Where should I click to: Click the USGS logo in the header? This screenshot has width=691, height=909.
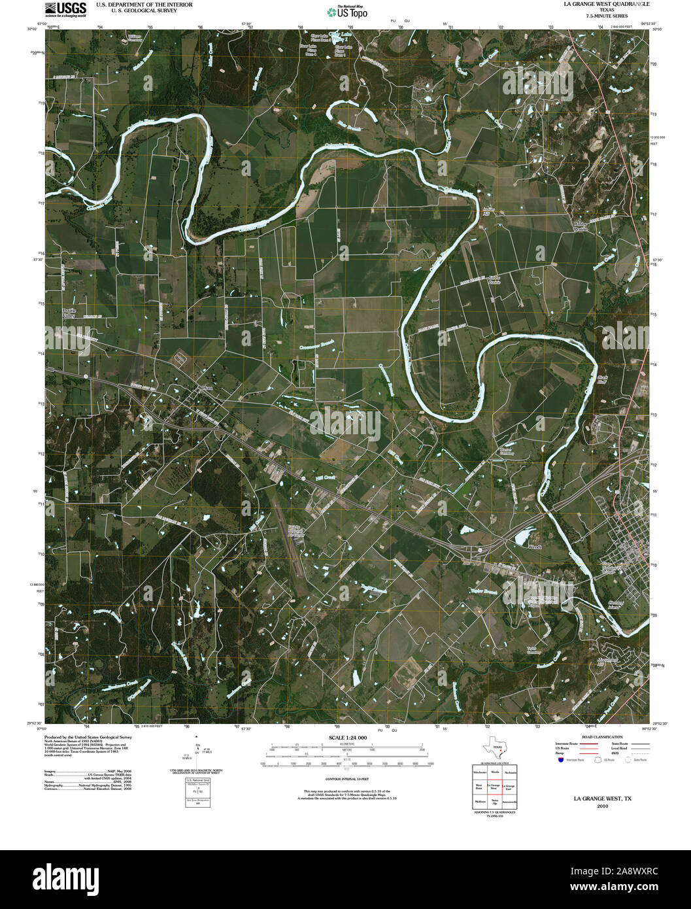tap(65, 9)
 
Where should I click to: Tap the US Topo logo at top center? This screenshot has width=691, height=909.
tap(347, 11)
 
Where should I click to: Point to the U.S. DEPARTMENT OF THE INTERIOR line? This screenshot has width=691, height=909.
tap(135, 4)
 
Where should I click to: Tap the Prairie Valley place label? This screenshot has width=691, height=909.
tap(69, 312)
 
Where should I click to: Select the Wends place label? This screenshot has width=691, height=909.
tap(535, 546)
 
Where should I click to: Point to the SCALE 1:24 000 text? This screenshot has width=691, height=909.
tap(345, 738)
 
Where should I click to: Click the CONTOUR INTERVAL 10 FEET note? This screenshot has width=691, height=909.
tap(345, 780)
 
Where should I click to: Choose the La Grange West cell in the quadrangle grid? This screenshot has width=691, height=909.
tap(494, 787)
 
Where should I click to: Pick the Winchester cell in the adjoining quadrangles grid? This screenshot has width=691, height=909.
tap(480, 772)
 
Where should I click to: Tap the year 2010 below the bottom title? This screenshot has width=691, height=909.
tap(602, 806)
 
